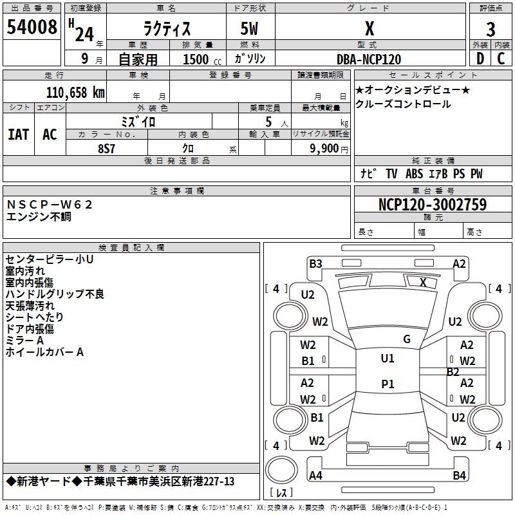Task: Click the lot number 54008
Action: pos(32,27)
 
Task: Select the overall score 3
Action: pos(491,30)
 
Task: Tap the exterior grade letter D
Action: pos(480,59)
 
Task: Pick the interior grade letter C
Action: pos(501,59)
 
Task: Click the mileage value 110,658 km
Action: pos(75,93)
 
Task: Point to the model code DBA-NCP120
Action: pos(369,59)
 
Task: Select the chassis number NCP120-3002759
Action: pos(433,205)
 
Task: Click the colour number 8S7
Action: pos(106,149)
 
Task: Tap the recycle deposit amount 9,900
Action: pos(324,149)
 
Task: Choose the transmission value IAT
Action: pos(19,135)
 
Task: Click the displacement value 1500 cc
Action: pos(202,59)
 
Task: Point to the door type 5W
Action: pos(249,28)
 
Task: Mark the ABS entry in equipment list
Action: pos(414,174)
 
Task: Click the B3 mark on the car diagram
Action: pos(315,264)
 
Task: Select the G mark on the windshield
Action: pos(407,339)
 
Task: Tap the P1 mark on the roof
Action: pos(388,384)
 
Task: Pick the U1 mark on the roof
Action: pos(388,359)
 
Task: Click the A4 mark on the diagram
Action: pos(315,475)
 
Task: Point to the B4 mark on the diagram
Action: pos(459,475)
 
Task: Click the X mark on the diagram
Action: pos(423,282)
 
